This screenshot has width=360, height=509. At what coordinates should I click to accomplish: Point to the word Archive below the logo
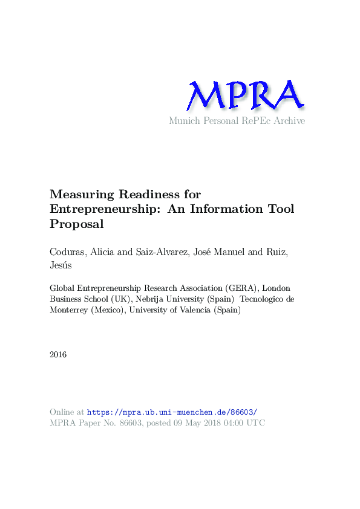pos(289,121)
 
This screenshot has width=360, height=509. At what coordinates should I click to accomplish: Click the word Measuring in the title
pos(81,195)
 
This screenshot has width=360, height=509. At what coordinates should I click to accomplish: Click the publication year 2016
pos(59,354)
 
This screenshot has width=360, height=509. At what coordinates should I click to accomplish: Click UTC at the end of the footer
pos(255,423)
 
